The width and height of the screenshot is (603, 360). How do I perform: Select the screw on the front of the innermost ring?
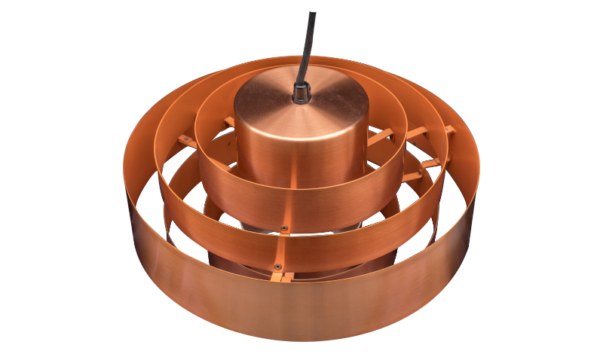click(x=283, y=227)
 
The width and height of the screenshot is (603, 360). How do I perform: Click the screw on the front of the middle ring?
click(x=278, y=266)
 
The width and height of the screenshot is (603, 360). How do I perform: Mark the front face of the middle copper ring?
click(x=339, y=249)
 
